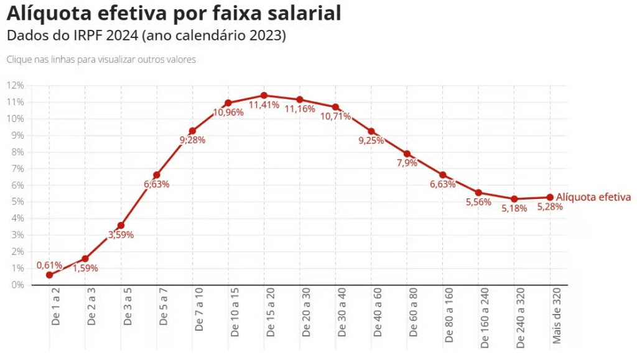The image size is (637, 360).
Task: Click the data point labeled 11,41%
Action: [x=264, y=96]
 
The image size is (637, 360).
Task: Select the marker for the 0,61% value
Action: [x=49, y=275]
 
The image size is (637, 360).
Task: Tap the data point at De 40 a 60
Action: [x=371, y=131]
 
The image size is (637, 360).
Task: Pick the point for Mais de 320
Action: [x=550, y=197]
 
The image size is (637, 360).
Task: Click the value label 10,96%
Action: [x=228, y=113]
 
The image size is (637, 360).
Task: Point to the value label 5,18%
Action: [x=514, y=208]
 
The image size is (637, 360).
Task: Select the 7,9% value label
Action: [x=407, y=163]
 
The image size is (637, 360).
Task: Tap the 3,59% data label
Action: [x=121, y=234]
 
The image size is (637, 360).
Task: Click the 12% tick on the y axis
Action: [x=16, y=85]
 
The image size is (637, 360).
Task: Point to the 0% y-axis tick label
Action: [x=17, y=285]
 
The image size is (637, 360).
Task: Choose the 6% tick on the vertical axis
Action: [x=17, y=185]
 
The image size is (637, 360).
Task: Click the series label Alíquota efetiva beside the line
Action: [x=593, y=197]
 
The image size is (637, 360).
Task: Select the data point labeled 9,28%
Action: [x=192, y=131]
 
